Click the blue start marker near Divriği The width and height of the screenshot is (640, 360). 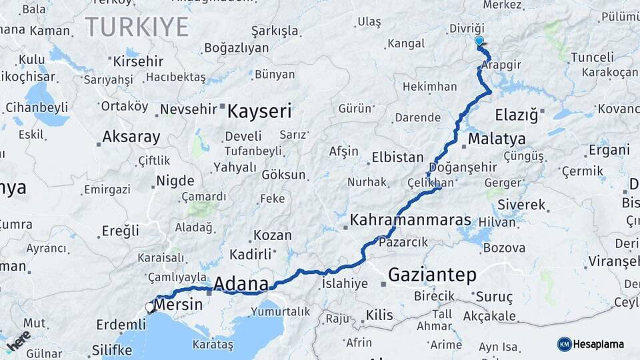coord(479,41)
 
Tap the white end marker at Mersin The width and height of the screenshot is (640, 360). coord(149,307)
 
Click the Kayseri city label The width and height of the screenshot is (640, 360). coord(259,111)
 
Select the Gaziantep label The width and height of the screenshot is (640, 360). coord(432,274)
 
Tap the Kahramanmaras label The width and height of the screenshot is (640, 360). coord(410,220)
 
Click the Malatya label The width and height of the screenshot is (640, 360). coord(496,139)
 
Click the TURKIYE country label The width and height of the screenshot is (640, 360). coord(137,27)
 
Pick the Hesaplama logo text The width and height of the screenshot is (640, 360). coord(599,344)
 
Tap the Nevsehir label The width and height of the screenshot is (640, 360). coord(189,109)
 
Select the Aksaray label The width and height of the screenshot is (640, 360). coord(131,137)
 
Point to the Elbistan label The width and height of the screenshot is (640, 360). coord(397,158)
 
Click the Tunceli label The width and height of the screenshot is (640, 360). coord(592,57)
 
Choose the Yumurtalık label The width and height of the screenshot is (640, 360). coord(281,311)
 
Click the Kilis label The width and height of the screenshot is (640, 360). coord(380,315)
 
